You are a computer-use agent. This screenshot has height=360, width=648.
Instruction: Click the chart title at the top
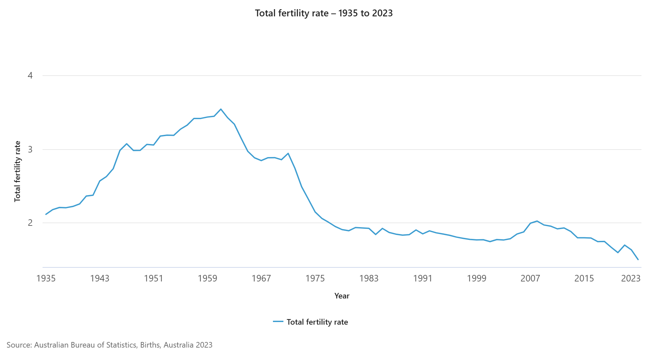[324, 13]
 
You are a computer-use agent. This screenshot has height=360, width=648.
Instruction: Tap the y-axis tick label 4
[30, 76]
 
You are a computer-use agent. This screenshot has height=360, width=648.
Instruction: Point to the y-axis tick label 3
[30, 150]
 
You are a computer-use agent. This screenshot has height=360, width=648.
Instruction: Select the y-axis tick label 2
[30, 223]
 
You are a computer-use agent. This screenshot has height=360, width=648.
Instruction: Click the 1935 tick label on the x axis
[46, 279]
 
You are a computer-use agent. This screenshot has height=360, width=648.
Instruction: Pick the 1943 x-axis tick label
[100, 279]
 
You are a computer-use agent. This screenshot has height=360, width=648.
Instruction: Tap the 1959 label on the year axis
[207, 279]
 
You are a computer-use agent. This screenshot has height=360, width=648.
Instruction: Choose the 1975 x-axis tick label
[315, 279]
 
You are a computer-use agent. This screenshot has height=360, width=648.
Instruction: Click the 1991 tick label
[423, 279]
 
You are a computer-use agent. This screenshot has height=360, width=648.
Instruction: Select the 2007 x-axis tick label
[530, 279]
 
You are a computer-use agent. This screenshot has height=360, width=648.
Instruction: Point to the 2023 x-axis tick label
[631, 279]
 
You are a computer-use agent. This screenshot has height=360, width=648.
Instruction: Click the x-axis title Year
[342, 296]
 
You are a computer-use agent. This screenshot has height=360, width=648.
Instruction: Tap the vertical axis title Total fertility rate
[17, 171]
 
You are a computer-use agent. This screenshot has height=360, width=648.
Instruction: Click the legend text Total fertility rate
[317, 322]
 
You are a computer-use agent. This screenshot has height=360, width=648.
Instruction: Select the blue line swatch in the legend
[278, 322]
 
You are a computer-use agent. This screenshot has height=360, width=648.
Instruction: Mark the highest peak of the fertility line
[221, 109]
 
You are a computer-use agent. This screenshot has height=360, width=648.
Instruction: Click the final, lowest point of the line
[638, 260]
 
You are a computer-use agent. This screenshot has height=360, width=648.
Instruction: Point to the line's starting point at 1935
[46, 214]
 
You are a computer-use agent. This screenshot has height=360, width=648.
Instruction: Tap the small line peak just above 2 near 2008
[537, 221]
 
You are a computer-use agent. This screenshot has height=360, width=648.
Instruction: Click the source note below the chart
[109, 345]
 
